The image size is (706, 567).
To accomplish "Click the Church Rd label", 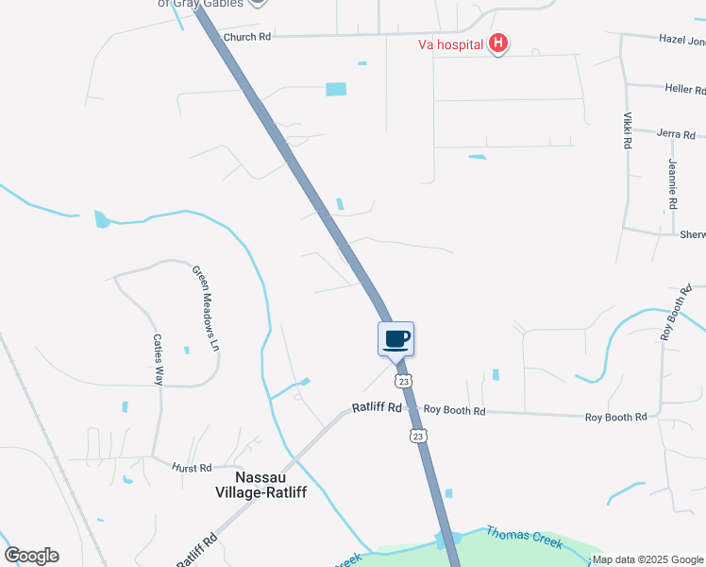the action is tap(247, 37).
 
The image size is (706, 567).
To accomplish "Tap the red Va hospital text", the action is tap(451, 43).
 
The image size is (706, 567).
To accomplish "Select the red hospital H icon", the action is tap(498, 43).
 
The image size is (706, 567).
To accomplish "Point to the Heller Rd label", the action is tap(685, 90).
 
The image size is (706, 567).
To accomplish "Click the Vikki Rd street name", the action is tap(627, 131).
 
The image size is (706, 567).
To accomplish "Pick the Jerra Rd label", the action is tap(676, 134).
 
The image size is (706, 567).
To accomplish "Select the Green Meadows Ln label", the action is tap(206, 309).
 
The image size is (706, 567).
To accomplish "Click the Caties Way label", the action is tap(159, 358).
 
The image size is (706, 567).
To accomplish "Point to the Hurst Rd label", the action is tap(192, 467).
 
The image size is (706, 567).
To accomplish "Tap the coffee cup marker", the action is tap(396, 338).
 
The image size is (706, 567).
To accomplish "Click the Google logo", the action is tap(31, 556).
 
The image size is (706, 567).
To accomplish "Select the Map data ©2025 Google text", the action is tap(648, 559).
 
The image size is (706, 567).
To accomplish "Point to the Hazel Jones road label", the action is tap(681, 41).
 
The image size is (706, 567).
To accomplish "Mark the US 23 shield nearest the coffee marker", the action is tap(404, 381).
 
